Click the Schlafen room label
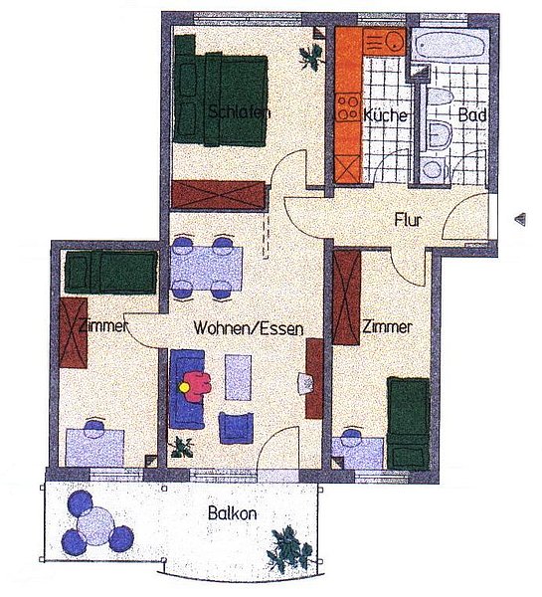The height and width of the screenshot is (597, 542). (x=240, y=112)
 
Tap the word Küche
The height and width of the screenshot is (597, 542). (x=385, y=114)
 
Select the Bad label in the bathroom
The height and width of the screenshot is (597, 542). (x=472, y=114)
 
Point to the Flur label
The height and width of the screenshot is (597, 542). (x=408, y=220)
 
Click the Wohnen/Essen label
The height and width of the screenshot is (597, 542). (x=249, y=328)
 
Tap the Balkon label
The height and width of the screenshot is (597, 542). (x=232, y=513)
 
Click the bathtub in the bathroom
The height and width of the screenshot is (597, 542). (x=451, y=46)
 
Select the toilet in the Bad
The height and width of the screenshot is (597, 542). (x=440, y=134)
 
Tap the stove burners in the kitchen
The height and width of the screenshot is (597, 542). (x=348, y=107)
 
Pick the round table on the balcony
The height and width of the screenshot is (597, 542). (x=95, y=525)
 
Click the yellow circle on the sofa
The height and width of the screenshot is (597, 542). (x=184, y=388)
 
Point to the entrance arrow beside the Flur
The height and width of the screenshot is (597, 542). (x=520, y=219)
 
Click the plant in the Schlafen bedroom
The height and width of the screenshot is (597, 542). (x=311, y=57)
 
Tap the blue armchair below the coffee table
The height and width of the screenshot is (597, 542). (x=236, y=428)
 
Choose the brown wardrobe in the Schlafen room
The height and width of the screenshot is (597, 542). (x=219, y=195)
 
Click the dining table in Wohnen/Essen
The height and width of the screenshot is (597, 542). (x=207, y=269)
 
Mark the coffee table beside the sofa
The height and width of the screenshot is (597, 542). (x=239, y=377)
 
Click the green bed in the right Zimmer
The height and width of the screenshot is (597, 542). (x=408, y=423)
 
